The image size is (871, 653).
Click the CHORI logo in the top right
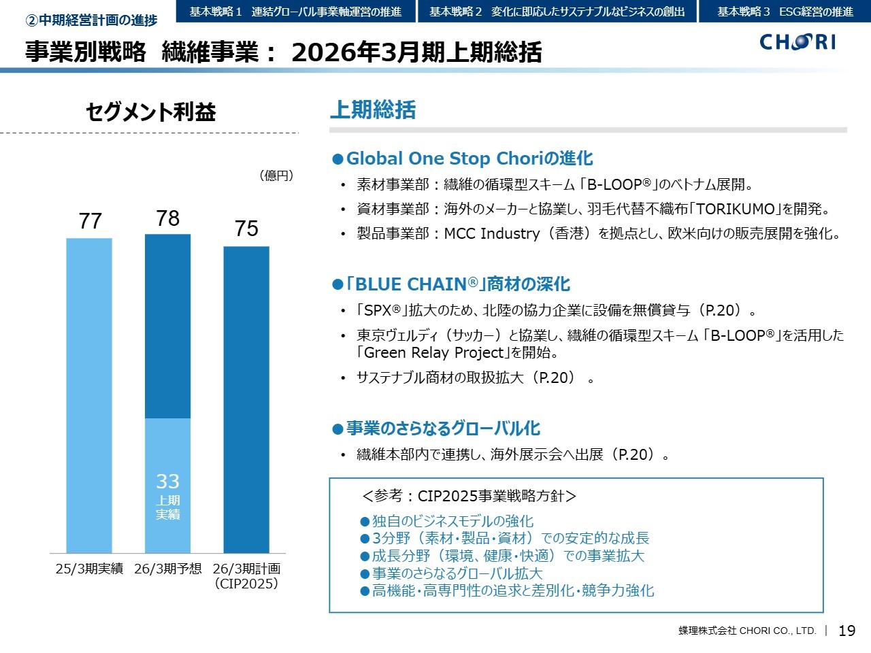[x=798, y=42]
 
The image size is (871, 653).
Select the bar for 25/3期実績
[x=89, y=395]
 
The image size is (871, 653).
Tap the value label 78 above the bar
[x=168, y=218]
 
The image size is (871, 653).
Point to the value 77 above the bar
[x=90, y=221]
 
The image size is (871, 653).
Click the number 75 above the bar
[x=246, y=229]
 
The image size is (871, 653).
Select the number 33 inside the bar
[x=168, y=482]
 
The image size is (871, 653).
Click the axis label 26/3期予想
[x=168, y=569]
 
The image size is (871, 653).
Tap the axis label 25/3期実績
[x=89, y=569]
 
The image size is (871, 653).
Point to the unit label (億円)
[x=276, y=175]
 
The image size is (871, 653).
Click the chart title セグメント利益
[x=150, y=112]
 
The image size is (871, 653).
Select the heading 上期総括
[x=372, y=110]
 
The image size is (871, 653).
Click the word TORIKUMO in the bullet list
[x=736, y=209]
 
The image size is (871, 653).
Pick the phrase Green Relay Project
[x=434, y=352]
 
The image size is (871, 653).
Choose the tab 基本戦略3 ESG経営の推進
[x=785, y=12]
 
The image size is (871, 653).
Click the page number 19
[x=847, y=631]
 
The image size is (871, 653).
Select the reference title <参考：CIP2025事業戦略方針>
[x=470, y=496]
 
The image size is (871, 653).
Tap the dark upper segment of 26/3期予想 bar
[x=168, y=326]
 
